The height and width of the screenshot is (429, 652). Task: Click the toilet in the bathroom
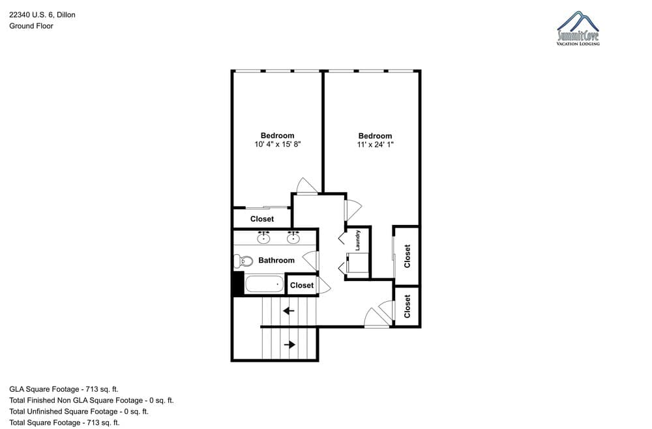tap(243, 261)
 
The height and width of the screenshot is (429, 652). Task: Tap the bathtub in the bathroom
tap(265, 284)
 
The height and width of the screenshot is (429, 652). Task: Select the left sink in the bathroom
tap(263, 238)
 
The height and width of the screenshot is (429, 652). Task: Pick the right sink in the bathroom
tap(293, 238)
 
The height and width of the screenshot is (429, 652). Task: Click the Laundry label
tap(357, 241)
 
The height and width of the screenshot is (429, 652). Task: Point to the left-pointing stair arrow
tap(289, 310)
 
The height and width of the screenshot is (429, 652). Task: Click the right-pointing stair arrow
tap(289, 345)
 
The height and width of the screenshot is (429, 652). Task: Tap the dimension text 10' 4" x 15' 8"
tap(277, 145)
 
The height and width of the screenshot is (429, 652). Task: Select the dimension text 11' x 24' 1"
tap(375, 145)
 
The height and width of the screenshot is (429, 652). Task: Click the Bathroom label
tap(276, 260)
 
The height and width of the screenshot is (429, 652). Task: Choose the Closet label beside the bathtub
tap(302, 285)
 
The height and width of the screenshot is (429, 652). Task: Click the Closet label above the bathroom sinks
tap(262, 219)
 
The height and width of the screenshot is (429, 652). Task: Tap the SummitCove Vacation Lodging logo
tap(578, 28)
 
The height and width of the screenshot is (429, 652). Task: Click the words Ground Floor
tap(31, 26)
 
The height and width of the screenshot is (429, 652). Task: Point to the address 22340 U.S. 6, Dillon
tap(42, 15)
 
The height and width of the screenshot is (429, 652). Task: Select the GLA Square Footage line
tap(64, 389)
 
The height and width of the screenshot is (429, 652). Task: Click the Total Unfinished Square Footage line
tap(79, 411)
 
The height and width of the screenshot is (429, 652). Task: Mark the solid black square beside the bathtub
tap(238, 284)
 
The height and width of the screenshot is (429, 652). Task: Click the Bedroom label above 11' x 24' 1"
tap(375, 136)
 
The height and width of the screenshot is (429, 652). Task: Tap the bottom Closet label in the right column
tap(407, 306)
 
